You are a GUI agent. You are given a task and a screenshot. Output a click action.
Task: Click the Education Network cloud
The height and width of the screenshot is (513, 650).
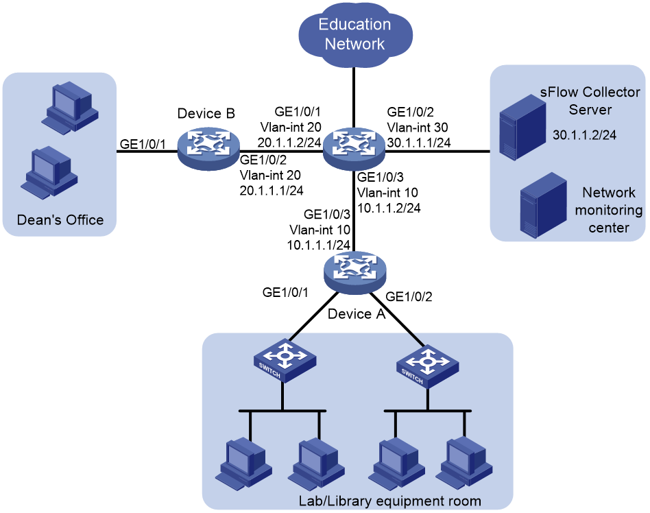[x=355, y=34]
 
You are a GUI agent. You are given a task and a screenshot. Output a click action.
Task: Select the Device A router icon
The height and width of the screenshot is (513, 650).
[x=355, y=273]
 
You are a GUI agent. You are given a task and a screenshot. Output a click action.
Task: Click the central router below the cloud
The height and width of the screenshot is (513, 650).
[x=354, y=148]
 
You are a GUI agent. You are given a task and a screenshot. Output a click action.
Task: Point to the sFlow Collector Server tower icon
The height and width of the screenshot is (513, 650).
[x=522, y=127]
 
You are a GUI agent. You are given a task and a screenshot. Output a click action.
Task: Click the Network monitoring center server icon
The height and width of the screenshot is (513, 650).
[x=544, y=205]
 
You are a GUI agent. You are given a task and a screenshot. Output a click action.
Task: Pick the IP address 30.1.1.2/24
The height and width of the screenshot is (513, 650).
[x=584, y=135]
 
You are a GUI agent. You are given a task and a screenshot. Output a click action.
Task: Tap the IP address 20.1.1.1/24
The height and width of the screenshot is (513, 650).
[x=272, y=191]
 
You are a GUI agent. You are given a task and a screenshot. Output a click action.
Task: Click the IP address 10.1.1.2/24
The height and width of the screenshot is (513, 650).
[x=389, y=208]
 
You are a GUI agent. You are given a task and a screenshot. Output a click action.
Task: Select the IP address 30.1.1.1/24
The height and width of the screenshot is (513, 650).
[x=419, y=142]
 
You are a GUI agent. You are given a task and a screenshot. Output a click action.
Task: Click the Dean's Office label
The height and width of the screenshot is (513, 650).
[x=60, y=219]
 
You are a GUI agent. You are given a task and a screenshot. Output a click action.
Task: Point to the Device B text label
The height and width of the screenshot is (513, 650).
[x=206, y=113]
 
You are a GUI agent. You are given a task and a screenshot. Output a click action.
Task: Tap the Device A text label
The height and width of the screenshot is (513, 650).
[x=357, y=314]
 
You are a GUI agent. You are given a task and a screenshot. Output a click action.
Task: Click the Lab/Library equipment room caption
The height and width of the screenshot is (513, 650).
[x=389, y=501]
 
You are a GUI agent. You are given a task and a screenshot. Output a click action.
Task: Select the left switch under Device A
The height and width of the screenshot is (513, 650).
[x=285, y=360]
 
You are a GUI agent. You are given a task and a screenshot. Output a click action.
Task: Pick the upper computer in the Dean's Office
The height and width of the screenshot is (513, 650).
[x=70, y=108]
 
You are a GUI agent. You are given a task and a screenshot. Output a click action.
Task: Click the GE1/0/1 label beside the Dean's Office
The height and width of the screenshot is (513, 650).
[x=143, y=144]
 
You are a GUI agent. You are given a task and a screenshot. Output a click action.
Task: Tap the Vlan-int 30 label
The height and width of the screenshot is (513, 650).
[x=418, y=127]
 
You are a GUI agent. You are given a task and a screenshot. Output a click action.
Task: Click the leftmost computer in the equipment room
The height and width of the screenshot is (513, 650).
[x=244, y=463]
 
